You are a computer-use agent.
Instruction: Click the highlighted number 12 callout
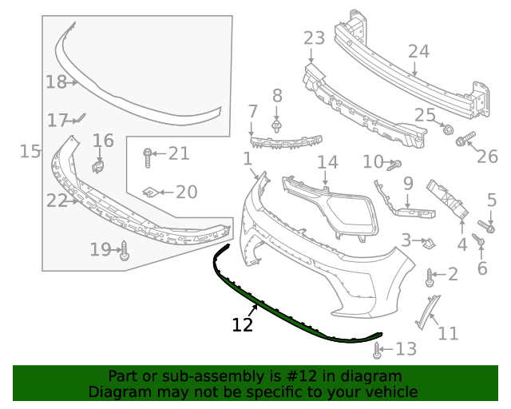(242, 324)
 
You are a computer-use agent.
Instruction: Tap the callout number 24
(418, 52)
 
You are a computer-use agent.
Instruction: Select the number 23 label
(314, 38)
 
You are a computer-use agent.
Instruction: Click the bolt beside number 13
(378, 349)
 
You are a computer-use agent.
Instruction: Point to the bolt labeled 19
(125, 252)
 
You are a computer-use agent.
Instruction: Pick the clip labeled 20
(149, 192)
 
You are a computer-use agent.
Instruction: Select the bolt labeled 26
(463, 142)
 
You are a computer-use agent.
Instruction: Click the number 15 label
(30, 151)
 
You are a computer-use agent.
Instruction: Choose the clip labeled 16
(99, 165)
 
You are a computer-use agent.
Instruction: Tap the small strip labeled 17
(80, 120)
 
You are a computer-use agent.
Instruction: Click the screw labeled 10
(394, 165)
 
